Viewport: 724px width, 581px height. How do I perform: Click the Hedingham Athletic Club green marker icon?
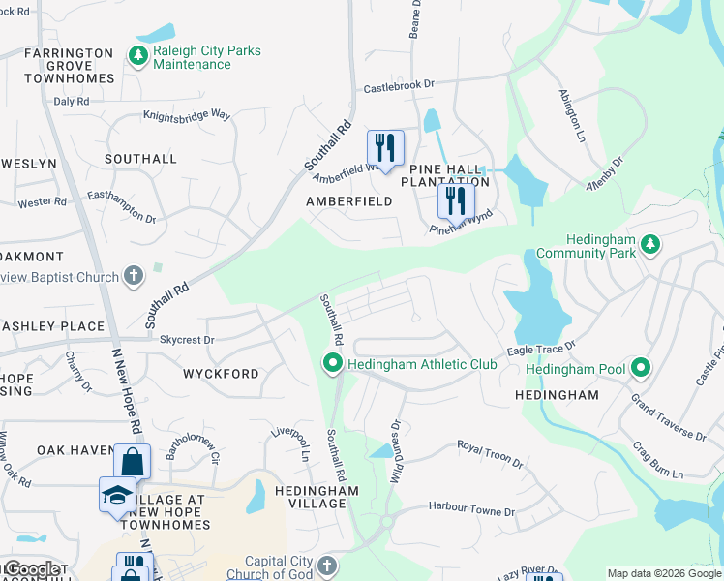[333, 365]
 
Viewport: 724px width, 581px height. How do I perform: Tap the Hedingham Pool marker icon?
[640, 368]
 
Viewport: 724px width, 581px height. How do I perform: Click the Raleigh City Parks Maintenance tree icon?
[138, 56]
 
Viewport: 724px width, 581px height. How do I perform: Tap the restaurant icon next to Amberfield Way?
[385, 148]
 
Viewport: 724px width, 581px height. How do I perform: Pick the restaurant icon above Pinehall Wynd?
[456, 201]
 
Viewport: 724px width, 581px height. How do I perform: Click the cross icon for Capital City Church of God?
[327, 565]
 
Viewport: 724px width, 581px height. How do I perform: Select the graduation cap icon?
[118, 494]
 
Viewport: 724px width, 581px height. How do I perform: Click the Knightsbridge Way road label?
[187, 115]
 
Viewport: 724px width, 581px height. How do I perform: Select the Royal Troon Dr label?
[490, 454]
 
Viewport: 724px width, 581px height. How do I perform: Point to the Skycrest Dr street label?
[187, 340]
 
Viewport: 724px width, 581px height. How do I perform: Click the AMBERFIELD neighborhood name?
[348, 201]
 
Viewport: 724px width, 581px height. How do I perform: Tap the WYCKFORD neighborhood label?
[221, 374]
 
